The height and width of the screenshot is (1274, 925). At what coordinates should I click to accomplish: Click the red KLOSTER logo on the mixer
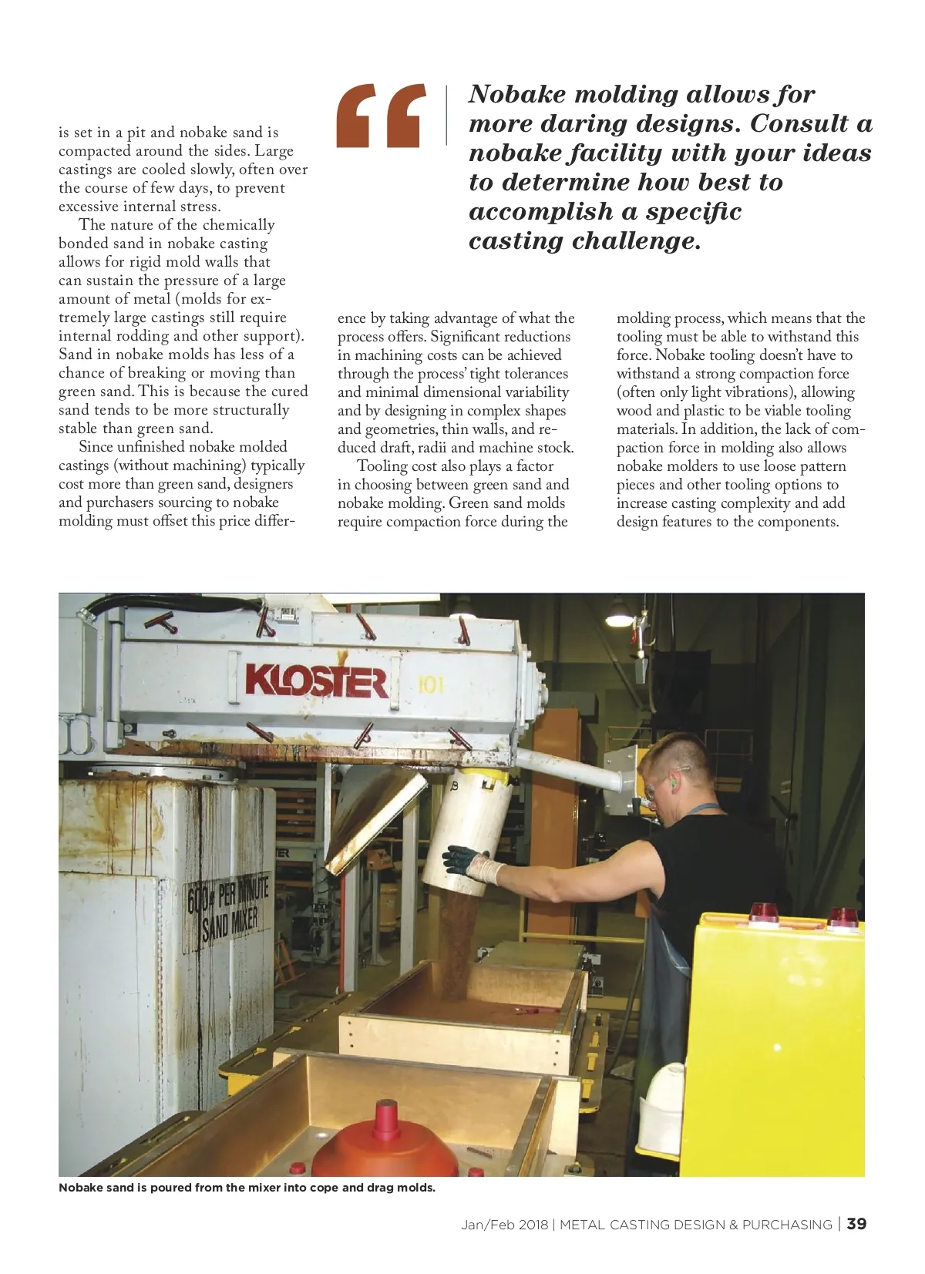pos(316,681)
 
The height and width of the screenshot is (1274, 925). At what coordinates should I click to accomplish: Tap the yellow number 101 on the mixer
pos(430,684)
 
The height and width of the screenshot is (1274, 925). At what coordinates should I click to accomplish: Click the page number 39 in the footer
pos(856,1224)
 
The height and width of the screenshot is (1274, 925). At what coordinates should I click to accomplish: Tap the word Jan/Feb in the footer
pos(483,1225)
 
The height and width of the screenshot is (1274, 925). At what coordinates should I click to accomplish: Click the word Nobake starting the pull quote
pos(517,94)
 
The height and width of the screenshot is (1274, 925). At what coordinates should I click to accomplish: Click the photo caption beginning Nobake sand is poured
pos(247,1188)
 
